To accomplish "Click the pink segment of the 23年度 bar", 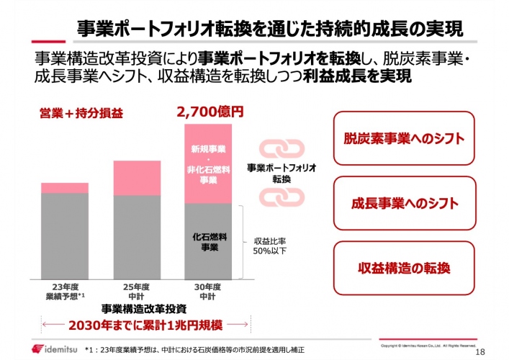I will point(64,188).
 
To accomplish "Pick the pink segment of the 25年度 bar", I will point(137,177).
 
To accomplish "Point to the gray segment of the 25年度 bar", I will point(137,237).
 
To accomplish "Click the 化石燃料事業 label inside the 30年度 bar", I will point(210,241).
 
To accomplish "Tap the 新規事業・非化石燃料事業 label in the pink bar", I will point(209,165).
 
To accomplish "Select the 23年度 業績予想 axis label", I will point(65,290).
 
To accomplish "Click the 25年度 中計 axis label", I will point(137,290).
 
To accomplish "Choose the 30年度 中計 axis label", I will point(209,290).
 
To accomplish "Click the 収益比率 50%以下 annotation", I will point(270,247).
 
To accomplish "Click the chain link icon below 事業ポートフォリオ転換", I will point(277,196).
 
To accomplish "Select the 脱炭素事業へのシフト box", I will point(403,138).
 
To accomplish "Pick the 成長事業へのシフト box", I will point(403,203).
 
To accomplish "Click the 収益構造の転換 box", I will point(403,268).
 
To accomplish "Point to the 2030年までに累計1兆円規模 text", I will point(136,325).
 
